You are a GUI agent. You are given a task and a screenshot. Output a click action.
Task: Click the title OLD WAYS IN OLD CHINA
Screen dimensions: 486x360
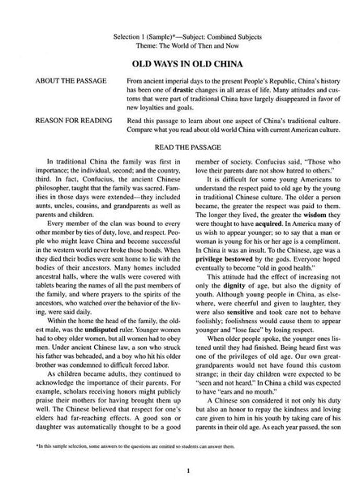click(180, 61)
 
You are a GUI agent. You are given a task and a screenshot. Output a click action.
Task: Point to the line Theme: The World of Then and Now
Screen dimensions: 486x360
click(179, 35)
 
